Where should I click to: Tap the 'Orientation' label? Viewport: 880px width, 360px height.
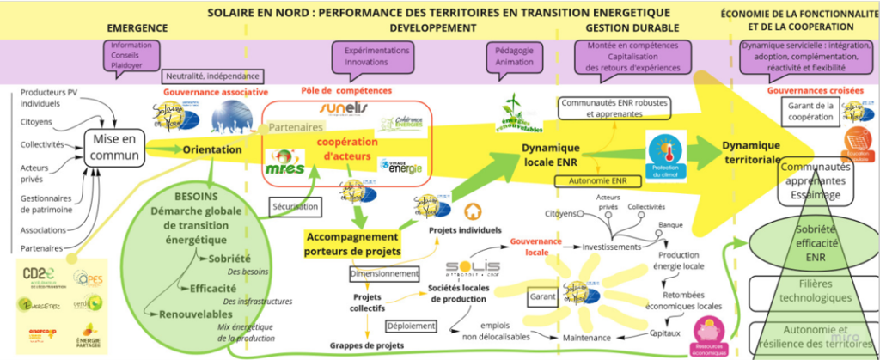click(211, 149)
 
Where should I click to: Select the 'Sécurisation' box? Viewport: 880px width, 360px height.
click(296, 207)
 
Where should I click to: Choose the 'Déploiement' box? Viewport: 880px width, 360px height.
click(385, 326)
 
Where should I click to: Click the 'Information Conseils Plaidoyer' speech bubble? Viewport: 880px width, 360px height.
click(131, 54)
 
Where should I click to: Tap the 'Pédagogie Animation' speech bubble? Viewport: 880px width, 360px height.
click(514, 56)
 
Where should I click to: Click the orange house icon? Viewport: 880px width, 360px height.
click(472, 211)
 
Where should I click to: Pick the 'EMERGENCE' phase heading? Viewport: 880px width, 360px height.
click(137, 28)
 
